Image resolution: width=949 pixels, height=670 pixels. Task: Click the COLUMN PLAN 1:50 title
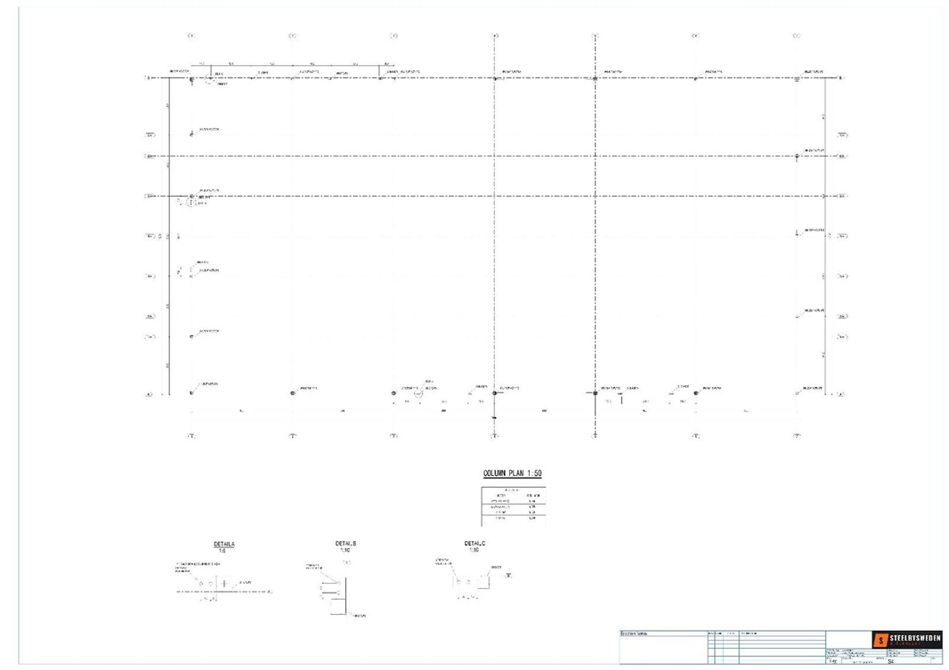(512, 473)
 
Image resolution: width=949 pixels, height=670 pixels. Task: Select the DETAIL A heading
(224, 543)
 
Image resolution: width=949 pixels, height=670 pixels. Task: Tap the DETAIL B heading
(345, 543)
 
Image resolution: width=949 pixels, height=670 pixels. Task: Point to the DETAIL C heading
(474, 543)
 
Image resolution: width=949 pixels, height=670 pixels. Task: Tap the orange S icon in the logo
(880, 640)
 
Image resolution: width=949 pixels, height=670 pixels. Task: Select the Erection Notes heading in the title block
(634, 633)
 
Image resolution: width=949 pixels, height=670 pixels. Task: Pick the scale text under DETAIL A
(224, 550)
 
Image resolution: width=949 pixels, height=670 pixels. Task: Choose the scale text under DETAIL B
(345, 550)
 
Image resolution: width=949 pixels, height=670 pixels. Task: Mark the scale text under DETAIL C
(474, 550)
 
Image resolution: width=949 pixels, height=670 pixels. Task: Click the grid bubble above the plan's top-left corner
(191, 36)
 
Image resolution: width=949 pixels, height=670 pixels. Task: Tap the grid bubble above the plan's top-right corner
(797, 36)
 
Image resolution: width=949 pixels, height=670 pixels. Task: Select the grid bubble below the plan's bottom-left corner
(191, 436)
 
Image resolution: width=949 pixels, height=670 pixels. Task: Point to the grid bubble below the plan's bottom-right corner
(797, 436)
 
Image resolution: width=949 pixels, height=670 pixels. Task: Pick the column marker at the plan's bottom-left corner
(191, 392)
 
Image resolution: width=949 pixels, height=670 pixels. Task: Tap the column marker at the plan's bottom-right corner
(797, 392)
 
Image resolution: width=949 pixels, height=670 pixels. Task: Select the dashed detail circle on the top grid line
(210, 78)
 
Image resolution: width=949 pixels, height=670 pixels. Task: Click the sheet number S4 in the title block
(890, 661)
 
